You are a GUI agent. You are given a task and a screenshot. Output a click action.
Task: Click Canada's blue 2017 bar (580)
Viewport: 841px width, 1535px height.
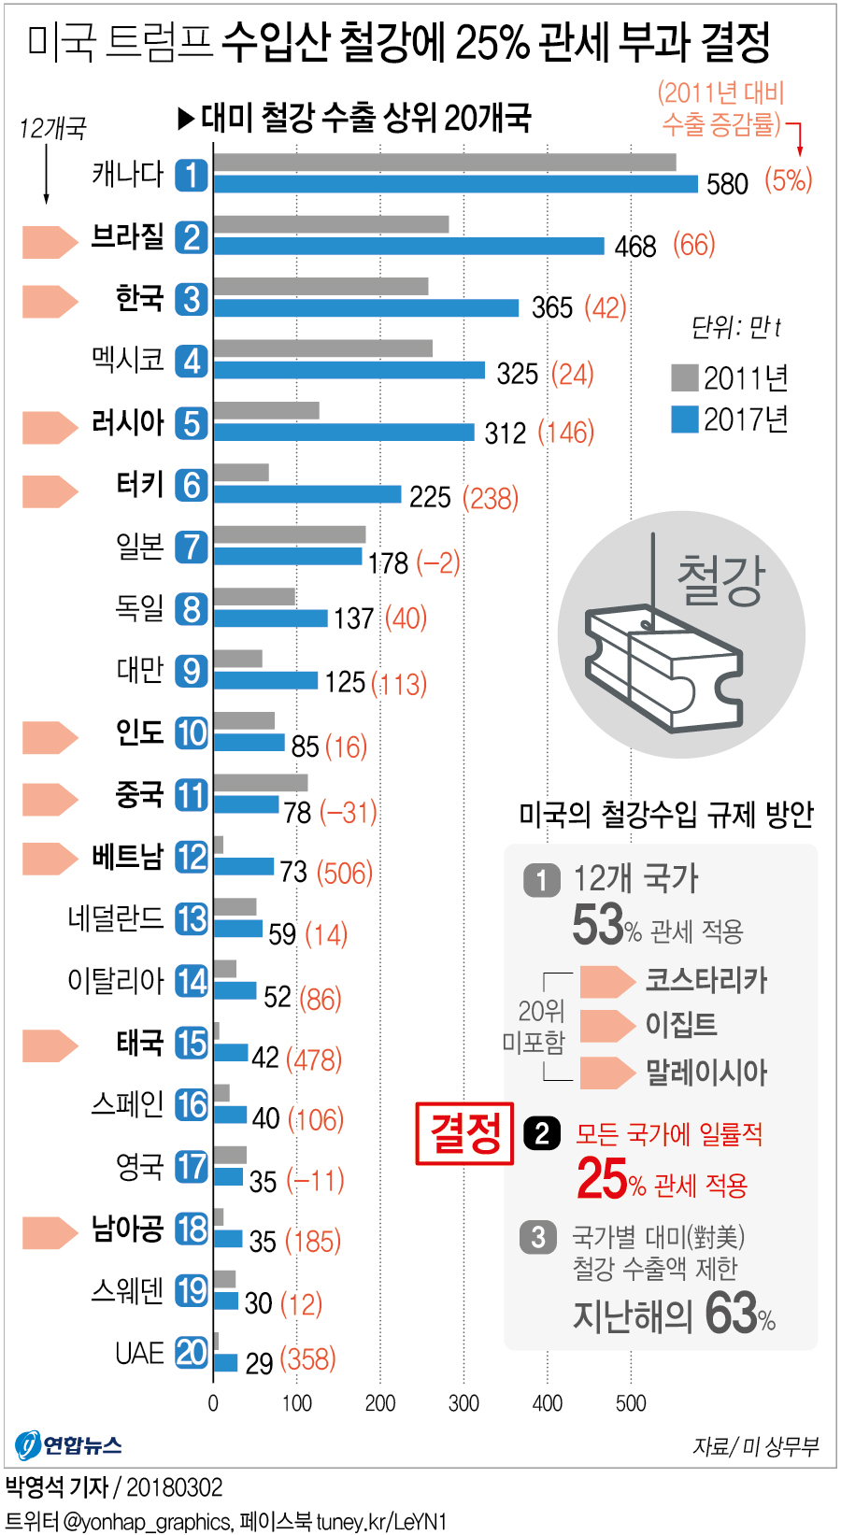455,184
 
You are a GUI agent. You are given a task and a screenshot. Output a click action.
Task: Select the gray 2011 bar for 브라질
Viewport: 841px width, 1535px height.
331,224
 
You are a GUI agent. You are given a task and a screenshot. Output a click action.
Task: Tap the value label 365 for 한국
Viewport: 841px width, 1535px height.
551,307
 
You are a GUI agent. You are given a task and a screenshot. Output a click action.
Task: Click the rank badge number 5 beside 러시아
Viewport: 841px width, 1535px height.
192,423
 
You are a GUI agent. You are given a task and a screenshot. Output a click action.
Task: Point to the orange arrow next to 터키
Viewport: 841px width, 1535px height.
50,490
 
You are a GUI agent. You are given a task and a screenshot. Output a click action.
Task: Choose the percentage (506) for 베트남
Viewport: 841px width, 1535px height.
345,873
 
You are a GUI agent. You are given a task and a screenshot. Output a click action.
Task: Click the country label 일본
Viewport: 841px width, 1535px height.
140,547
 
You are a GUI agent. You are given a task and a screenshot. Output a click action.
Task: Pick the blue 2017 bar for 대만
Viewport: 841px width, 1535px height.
265,680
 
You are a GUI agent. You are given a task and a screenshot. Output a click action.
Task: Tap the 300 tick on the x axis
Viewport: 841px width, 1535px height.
463,1402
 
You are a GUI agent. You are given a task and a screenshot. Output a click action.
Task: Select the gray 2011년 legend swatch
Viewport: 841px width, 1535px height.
685,378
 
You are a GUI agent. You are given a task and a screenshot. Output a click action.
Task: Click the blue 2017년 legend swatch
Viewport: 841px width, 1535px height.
685,419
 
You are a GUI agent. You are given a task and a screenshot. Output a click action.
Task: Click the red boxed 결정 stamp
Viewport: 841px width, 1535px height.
464,1133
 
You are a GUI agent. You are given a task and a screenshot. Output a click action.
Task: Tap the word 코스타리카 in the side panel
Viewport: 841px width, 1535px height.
706,980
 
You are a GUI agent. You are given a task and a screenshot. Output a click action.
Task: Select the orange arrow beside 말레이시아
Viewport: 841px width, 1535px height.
606,1073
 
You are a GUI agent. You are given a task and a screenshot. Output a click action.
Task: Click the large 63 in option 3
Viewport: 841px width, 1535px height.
730,1313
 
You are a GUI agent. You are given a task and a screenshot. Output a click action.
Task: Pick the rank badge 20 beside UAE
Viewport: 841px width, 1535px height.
192,1352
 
